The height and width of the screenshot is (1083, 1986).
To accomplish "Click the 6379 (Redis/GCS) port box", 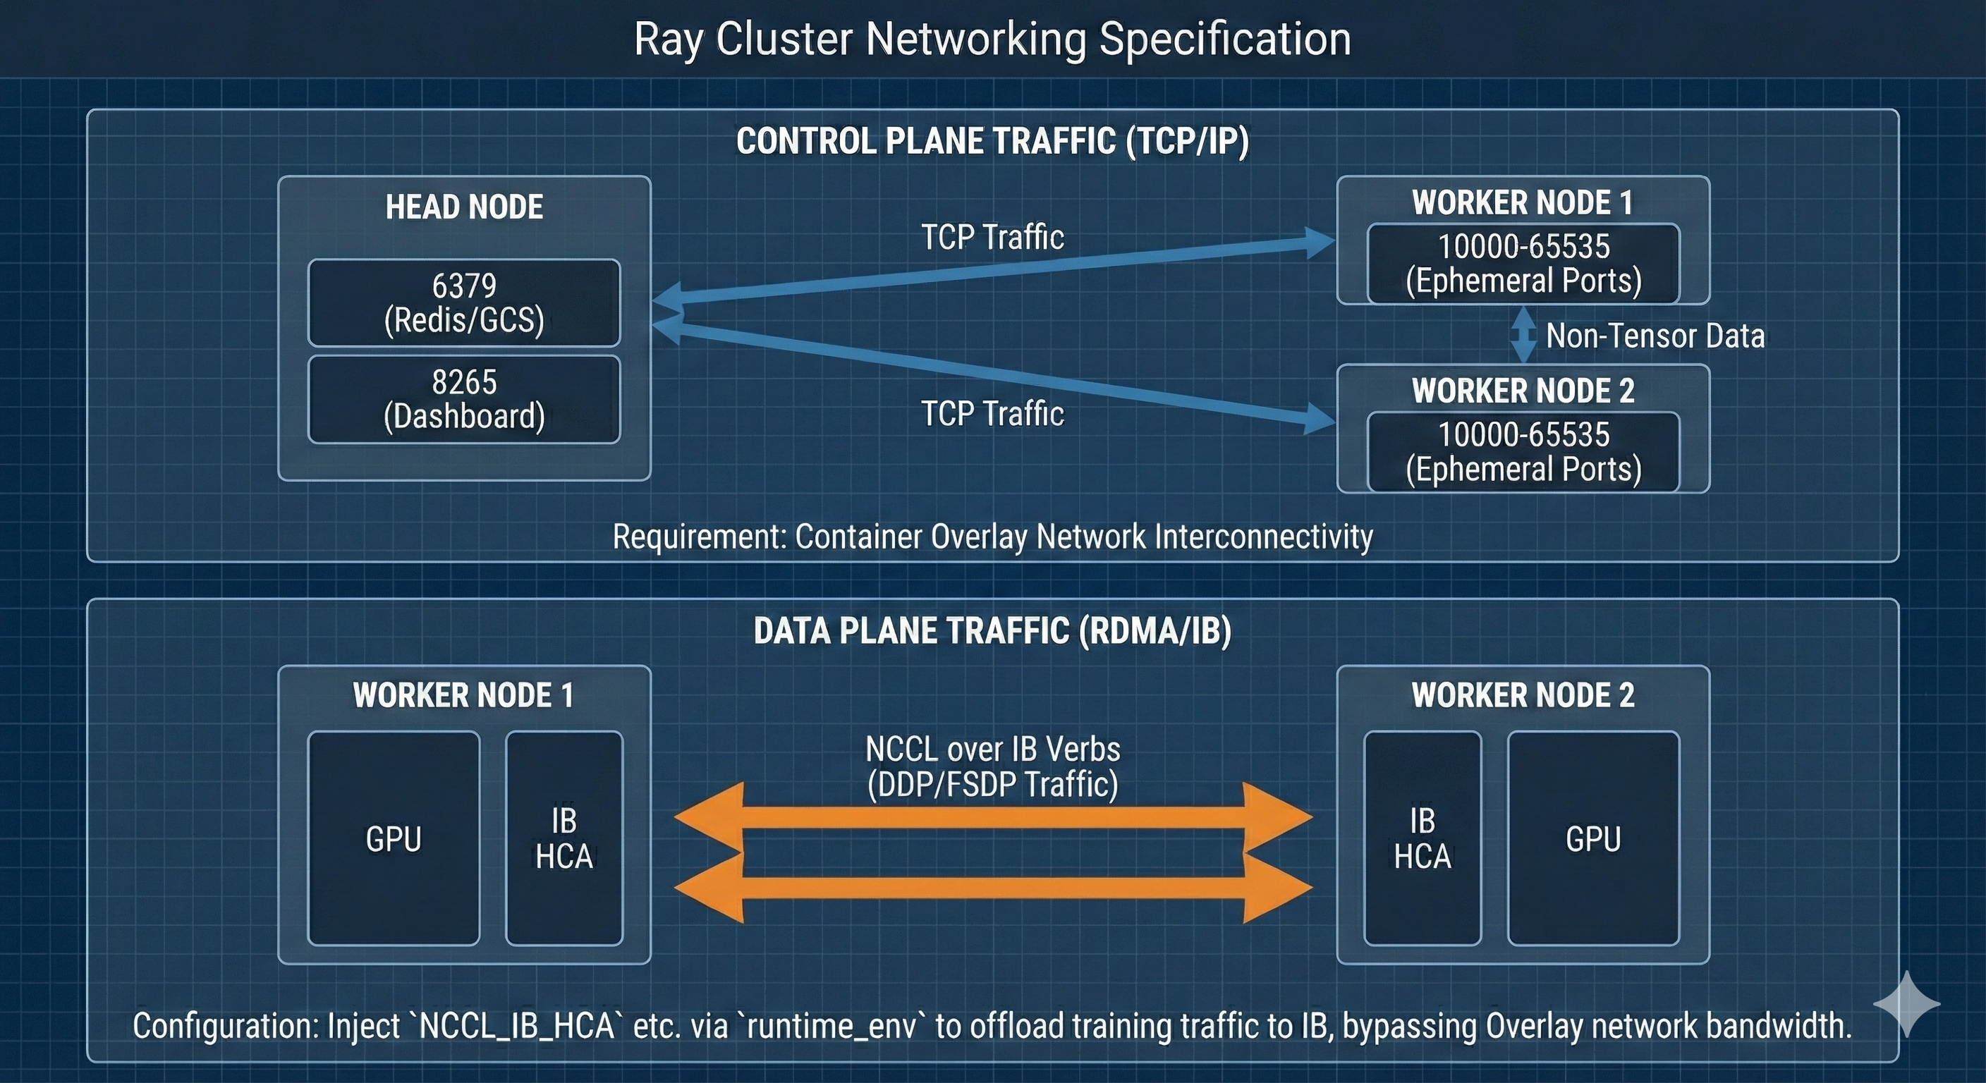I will click(x=463, y=303).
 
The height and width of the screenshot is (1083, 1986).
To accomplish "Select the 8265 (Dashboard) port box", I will click(x=463, y=399).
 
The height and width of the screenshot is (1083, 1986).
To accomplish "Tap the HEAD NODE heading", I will click(x=464, y=207).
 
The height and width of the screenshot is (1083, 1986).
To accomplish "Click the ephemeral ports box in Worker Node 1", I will click(x=1523, y=264).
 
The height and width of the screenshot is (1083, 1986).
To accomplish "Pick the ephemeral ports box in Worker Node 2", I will click(x=1523, y=452).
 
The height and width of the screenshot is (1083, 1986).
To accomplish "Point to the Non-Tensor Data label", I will click(x=1655, y=336).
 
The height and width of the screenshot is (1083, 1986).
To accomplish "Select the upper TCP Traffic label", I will click(x=992, y=237).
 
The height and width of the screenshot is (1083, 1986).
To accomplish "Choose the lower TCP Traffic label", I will click(x=992, y=413).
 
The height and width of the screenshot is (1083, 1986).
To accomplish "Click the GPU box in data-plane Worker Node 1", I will click(x=394, y=838).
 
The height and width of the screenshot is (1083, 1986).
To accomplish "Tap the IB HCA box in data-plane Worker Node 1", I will click(x=563, y=838).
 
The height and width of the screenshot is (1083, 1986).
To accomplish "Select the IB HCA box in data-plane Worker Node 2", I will click(x=1422, y=838).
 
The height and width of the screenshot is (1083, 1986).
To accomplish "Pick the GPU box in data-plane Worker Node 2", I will click(x=1592, y=838).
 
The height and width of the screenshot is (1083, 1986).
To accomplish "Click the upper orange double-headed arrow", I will click(x=992, y=817).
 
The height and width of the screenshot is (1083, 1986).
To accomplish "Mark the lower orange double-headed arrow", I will click(x=992, y=888).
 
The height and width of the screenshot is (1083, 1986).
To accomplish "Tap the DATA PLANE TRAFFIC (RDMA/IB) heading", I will click(x=992, y=630).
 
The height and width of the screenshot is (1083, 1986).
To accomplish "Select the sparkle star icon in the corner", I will click(x=1906, y=1003).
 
